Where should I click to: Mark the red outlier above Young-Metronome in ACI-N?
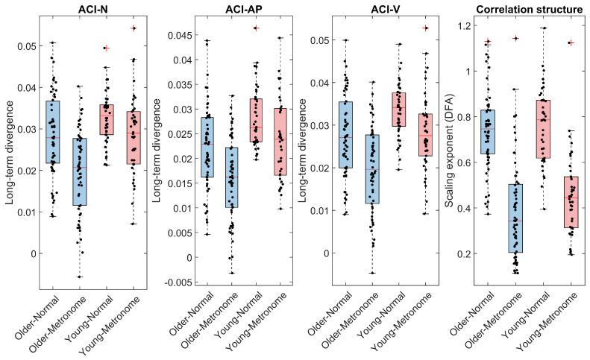tap(134, 28)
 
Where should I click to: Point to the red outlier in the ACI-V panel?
tap(426, 28)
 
